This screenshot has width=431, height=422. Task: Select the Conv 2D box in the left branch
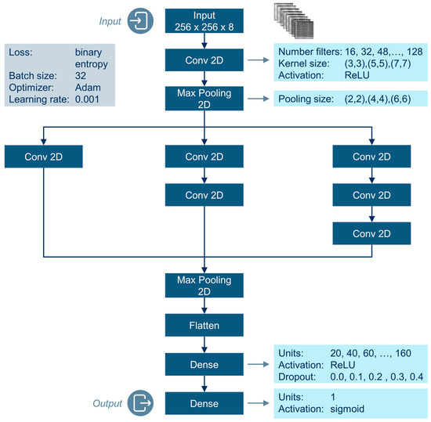pyautogui.click(x=45, y=157)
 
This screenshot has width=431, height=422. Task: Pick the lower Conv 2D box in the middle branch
pyautogui.click(x=204, y=194)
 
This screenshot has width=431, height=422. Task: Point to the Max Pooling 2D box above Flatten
pyautogui.click(x=204, y=284)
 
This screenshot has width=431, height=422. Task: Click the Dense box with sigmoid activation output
pyautogui.click(x=204, y=402)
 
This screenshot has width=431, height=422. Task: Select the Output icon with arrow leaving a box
pyautogui.click(x=142, y=403)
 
